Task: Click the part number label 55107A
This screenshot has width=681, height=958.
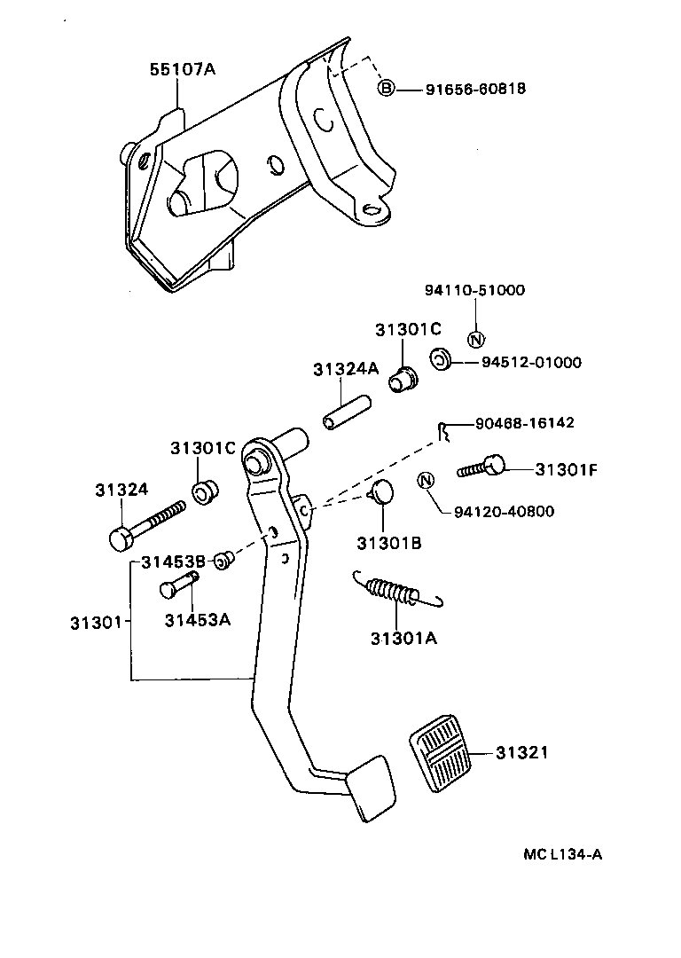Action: (182, 68)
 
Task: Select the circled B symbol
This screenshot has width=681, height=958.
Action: (386, 88)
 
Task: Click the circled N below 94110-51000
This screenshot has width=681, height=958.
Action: (474, 338)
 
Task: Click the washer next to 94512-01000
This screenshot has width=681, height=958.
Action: (439, 359)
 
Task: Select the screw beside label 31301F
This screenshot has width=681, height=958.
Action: (481, 467)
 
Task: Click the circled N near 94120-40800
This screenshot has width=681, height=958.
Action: (426, 481)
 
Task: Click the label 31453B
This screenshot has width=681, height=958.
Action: (174, 561)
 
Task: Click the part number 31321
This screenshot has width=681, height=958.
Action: (522, 753)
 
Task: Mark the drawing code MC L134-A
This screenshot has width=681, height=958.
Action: (563, 855)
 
